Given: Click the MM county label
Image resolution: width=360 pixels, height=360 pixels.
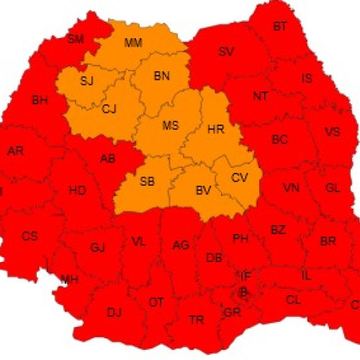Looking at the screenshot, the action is (x=133, y=42).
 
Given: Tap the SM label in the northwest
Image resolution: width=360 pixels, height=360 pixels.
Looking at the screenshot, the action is (x=76, y=39).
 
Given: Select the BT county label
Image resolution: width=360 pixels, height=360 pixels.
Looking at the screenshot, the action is (x=280, y=27).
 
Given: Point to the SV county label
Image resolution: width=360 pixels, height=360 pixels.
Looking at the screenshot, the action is (x=226, y=51).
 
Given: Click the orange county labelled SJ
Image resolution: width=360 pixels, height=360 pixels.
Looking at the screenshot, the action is (x=87, y=81).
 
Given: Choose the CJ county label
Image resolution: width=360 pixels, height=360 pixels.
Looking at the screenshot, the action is (x=109, y=109).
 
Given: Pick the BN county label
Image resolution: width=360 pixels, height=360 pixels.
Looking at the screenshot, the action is (x=162, y=76).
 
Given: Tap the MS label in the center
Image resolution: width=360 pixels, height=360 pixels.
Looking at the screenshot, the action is (x=170, y=125).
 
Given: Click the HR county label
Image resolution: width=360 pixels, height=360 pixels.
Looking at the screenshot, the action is (x=215, y=130).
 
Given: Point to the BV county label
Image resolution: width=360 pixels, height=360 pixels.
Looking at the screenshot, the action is (x=203, y=190).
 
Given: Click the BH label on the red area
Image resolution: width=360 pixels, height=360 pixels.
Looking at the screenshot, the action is (x=39, y=101).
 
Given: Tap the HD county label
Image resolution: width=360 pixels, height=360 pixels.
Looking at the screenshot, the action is (x=76, y=191).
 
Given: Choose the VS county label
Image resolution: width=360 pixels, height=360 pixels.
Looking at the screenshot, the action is (x=332, y=132).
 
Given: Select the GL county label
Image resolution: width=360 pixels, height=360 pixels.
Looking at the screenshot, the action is (x=333, y=187).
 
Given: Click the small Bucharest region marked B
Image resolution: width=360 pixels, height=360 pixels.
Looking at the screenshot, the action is (x=243, y=292).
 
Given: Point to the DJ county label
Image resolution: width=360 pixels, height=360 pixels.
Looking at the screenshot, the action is (x=114, y=312).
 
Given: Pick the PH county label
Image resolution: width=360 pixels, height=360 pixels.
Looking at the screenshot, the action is (x=240, y=238).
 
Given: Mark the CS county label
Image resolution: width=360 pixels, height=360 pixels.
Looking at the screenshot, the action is (x=30, y=235).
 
